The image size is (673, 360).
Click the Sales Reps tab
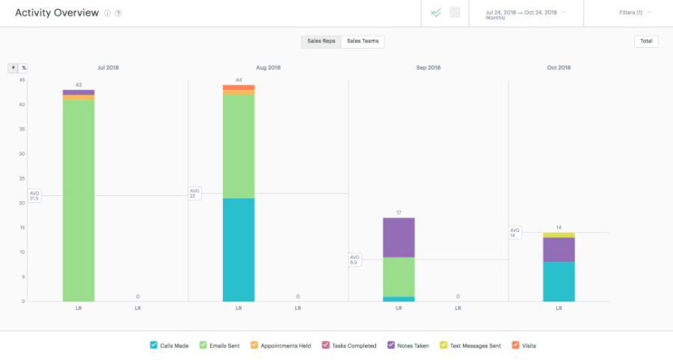coord(322,41)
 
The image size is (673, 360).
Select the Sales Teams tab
coord(362,41)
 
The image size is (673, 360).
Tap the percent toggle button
coord(24,68)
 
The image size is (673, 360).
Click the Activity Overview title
coord(57,13)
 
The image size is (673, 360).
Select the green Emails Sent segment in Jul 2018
coord(79,199)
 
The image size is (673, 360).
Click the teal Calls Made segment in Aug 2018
coord(238,250)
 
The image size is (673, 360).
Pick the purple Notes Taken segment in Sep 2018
coord(398,237)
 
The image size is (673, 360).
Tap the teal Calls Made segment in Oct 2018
coord(559,281)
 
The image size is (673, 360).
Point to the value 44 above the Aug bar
coord(238,79)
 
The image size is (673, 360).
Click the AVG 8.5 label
coord(355,260)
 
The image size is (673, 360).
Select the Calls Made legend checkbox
coord(154,345)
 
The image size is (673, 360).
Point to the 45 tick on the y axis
coord(22,79)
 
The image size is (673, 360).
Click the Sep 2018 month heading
coord(428,68)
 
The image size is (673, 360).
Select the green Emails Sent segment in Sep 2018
coord(398,276)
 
